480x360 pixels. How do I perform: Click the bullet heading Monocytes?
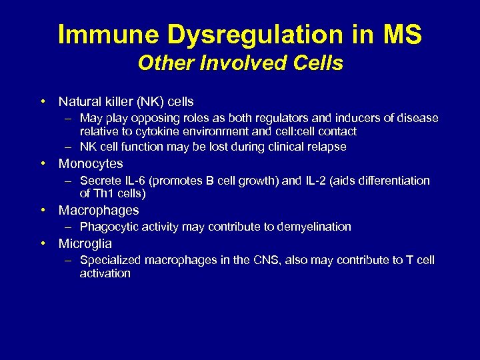[x=91, y=163]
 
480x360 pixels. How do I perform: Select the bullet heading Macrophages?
[x=99, y=210]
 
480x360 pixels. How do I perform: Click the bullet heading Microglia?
[x=85, y=243]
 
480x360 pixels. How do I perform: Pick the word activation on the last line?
[x=105, y=273]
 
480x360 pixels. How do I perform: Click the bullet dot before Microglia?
[x=43, y=243]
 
